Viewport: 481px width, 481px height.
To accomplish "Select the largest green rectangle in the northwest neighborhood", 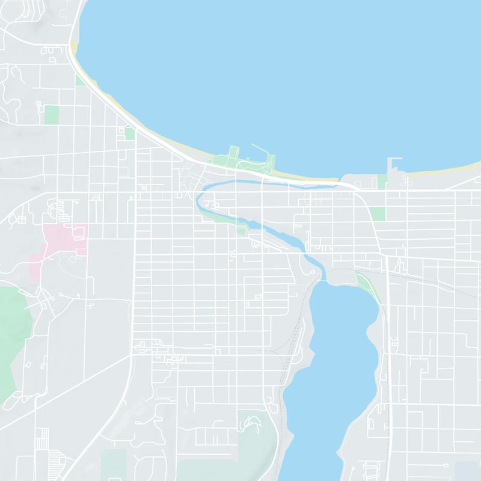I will (52, 114).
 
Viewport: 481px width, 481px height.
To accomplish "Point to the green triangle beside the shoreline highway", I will (79, 80).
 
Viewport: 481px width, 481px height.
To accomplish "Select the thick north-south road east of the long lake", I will (388, 361).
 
